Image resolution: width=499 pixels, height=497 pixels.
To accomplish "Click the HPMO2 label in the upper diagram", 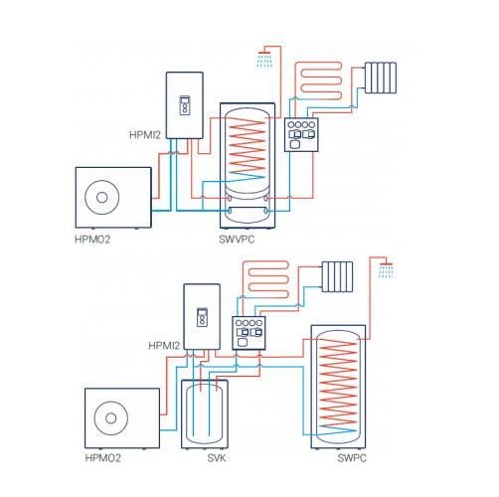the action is coord(92,240).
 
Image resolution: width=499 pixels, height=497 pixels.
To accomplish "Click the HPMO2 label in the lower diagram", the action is coord(102,458).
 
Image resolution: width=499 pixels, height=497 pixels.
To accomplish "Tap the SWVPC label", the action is coord(237,240).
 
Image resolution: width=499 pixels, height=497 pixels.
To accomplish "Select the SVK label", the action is coord(217,458).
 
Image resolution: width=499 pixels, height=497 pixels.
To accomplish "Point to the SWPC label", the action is coord(352,458).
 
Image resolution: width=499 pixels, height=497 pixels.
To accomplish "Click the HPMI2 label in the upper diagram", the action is coord(145,135).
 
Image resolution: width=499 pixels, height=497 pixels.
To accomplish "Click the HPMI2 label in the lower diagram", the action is coord(164,346).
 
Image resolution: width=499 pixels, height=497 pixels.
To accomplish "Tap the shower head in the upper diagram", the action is coord(264,59).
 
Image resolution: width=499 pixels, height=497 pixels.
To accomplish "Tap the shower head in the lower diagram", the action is coord(386,270).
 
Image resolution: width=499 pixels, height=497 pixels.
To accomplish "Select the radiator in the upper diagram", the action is coord(381,78).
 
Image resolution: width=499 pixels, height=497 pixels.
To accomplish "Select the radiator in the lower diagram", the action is coord(337,276).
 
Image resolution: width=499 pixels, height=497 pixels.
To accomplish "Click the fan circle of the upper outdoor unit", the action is coord(101,198).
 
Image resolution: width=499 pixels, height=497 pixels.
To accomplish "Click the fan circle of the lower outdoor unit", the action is coord(110,418).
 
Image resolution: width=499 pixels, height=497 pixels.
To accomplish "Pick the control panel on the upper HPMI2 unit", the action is coord(185,105).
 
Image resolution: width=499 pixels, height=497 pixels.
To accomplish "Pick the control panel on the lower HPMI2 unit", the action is coord(202,317).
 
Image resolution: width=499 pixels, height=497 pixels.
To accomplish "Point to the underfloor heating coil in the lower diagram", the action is coord(265,279).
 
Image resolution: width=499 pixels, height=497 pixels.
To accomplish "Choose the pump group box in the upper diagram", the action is coord(301,135).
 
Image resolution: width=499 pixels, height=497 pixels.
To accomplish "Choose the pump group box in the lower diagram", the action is coord(249,333).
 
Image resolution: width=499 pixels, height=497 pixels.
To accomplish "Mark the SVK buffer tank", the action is coord(205,414).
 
